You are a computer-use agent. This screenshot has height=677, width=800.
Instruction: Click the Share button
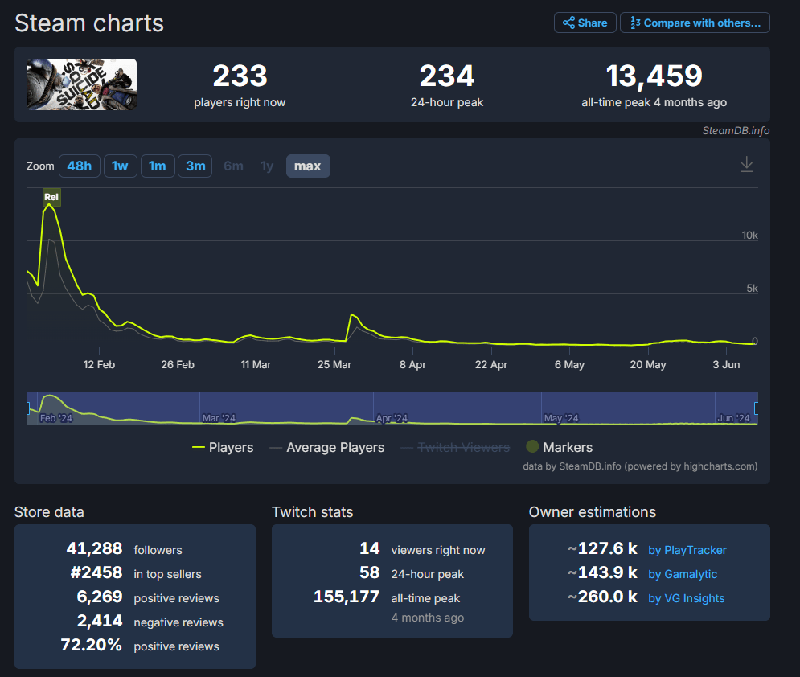(585, 23)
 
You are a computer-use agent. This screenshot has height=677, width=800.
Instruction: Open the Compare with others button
(695, 23)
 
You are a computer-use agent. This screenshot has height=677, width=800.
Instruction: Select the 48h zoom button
(79, 166)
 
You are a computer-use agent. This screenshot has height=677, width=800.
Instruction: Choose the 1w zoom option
(120, 166)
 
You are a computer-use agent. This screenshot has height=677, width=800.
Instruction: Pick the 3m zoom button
(195, 166)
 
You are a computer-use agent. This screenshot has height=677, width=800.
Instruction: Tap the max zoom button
(308, 166)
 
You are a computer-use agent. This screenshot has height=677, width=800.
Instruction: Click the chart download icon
(746, 164)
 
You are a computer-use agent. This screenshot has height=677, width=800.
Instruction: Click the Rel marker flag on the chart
(51, 198)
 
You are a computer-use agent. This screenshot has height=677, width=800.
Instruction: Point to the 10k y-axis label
(749, 236)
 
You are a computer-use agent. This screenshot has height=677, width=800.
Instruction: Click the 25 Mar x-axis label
(334, 365)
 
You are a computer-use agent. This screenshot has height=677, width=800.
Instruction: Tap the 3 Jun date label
(726, 365)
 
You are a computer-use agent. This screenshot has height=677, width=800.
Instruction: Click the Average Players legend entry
(327, 447)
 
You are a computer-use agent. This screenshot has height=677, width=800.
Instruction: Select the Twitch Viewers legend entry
(455, 447)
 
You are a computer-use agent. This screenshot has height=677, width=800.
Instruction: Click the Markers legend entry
(559, 447)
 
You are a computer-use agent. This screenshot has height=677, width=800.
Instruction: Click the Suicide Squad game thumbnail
(82, 84)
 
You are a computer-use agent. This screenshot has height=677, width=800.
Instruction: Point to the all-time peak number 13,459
(654, 76)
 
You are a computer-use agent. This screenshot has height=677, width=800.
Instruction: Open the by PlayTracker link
(687, 550)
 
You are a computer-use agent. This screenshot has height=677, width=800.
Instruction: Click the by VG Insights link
(686, 598)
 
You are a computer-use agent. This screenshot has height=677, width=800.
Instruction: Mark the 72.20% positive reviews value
(92, 645)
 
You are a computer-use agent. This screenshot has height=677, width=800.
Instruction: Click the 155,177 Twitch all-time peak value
(347, 597)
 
